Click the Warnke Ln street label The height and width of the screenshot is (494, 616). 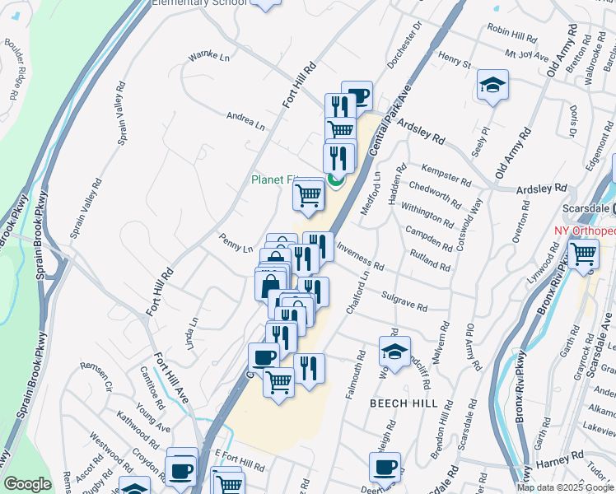click(208, 57)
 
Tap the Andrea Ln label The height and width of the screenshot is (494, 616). click(245, 122)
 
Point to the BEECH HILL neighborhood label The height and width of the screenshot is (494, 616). click(398, 403)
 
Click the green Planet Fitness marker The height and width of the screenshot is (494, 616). click(335, 179)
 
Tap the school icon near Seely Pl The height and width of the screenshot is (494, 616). click(492, 85)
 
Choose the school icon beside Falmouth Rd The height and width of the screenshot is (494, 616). click(394, 350)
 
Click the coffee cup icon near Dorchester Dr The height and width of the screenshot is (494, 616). click(357, 95)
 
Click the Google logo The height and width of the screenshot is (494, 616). click(27, 485)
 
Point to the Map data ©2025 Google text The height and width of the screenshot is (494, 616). click(565, 487)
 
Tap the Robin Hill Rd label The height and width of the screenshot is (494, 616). click(511, 30)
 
